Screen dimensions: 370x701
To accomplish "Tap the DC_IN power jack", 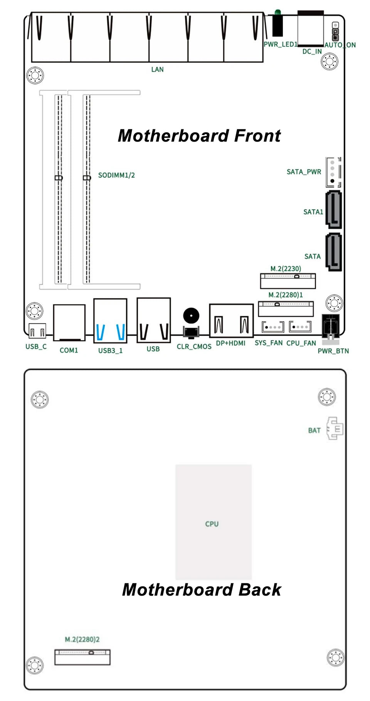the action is click(311, 28).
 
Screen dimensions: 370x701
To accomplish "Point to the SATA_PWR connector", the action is click(333, 172).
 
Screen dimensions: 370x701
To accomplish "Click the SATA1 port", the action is click(333, 209).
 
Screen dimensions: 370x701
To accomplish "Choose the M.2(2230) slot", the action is click(288, 281).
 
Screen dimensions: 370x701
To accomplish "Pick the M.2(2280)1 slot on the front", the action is click(286, 309).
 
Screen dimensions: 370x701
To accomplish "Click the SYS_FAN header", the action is click(273, 327).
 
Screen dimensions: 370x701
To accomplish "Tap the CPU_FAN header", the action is click(300, 327).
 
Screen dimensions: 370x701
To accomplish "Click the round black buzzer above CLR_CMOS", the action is click(191, 316).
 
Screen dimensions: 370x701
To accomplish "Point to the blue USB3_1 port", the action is click(110, 321).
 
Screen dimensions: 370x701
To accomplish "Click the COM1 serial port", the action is click(69, 323).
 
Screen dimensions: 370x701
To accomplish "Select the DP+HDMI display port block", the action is click(231, 320).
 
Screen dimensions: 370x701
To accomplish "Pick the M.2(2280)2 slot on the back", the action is click(82, 657).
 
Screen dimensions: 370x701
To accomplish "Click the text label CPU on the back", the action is click(212, 524).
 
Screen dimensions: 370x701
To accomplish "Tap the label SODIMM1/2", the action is click(116, 175).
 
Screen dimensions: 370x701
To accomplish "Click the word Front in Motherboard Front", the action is click(257, 136).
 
